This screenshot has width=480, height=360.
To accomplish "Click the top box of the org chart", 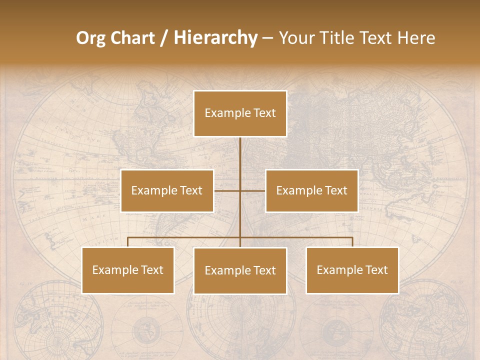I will (240, 113).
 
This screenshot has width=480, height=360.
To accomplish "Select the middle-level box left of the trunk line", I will (167, 191).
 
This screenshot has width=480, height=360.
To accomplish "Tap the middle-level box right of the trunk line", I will (311, 191).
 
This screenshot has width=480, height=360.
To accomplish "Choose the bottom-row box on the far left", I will (128, 270).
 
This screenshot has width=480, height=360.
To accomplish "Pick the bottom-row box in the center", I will (240, 271).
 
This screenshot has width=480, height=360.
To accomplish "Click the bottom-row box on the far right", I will (352, 270).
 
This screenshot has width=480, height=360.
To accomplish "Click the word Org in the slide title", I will (91, 38).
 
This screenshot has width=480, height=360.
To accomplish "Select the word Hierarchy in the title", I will (215, 38).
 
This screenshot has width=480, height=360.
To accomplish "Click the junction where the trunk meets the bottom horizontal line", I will (240, 237).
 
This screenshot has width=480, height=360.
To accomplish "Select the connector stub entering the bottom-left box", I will (128, 242).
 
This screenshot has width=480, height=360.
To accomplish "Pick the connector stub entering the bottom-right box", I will (352, 242).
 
